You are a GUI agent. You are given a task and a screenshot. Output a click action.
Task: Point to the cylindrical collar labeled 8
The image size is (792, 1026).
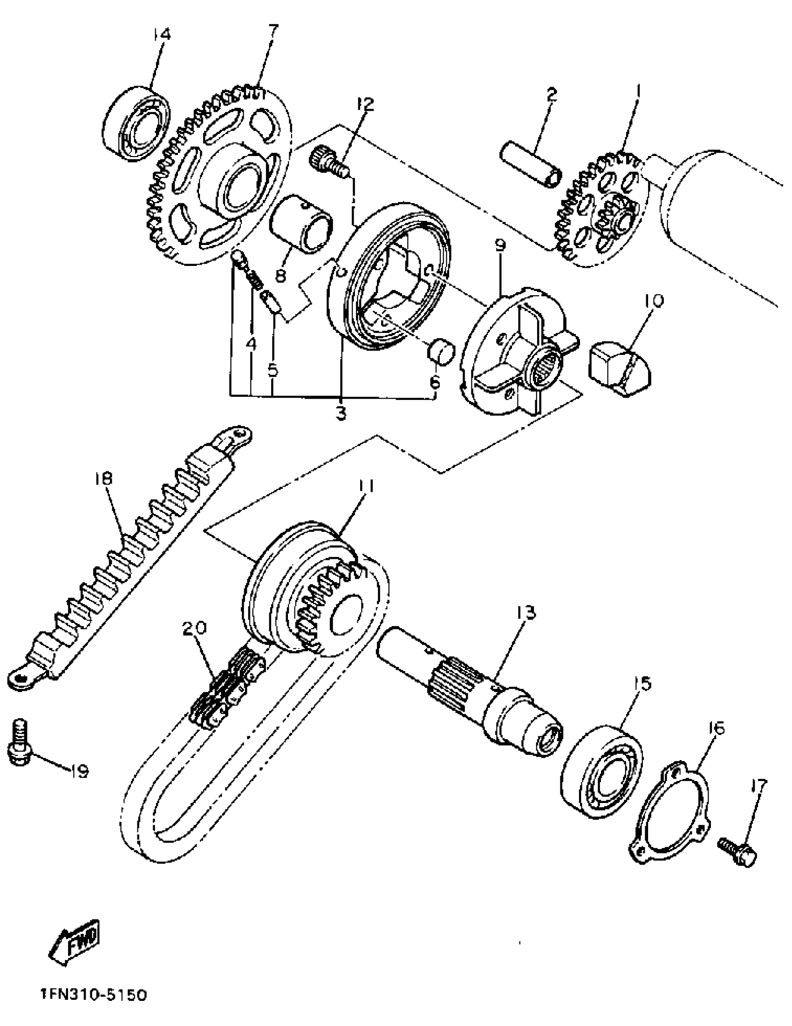coord(301,224)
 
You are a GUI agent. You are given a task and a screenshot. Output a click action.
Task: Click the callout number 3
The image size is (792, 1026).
coord(341,414)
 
